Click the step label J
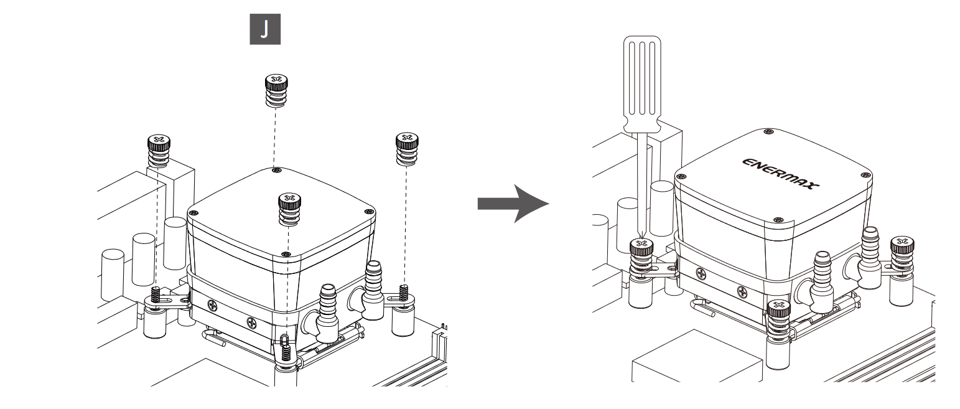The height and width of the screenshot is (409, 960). [265, 29]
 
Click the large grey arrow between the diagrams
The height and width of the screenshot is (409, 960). [513, 204]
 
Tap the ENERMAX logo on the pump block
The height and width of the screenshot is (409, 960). [780, 174]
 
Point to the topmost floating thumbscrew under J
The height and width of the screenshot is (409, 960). [276, 91]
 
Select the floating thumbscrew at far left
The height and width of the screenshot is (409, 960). [159, 151]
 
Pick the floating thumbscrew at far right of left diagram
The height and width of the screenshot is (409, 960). [407, 149]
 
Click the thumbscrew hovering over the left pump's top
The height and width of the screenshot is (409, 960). [289, 209]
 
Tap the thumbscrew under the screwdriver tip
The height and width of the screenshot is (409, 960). [641, 258]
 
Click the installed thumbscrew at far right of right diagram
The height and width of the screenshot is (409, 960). [902, 255]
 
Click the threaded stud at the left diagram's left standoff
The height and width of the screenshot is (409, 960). [156, 294]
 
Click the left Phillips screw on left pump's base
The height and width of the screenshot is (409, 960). [213, 305]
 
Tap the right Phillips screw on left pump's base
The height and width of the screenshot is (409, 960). [251, 323]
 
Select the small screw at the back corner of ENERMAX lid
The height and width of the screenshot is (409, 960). [768, 131]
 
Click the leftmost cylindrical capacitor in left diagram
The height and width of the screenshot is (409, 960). [113, 275]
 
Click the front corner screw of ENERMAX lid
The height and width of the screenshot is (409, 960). [779, 220]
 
